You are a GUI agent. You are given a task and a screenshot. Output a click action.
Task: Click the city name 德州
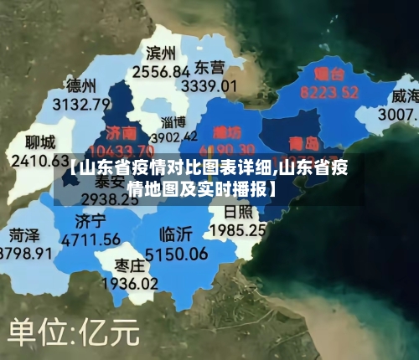tap(81, 86)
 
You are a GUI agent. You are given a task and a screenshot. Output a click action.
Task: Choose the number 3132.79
tap(81, 105)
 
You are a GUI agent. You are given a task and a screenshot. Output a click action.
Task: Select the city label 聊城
tap(40, 141)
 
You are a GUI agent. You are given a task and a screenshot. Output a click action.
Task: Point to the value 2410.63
tap(35, 159)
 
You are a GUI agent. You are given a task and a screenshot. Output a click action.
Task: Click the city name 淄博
tap(173, 123)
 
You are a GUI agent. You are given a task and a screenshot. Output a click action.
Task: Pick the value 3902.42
tap(174, 136)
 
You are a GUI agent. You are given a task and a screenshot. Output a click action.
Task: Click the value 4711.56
tap(91, 239)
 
